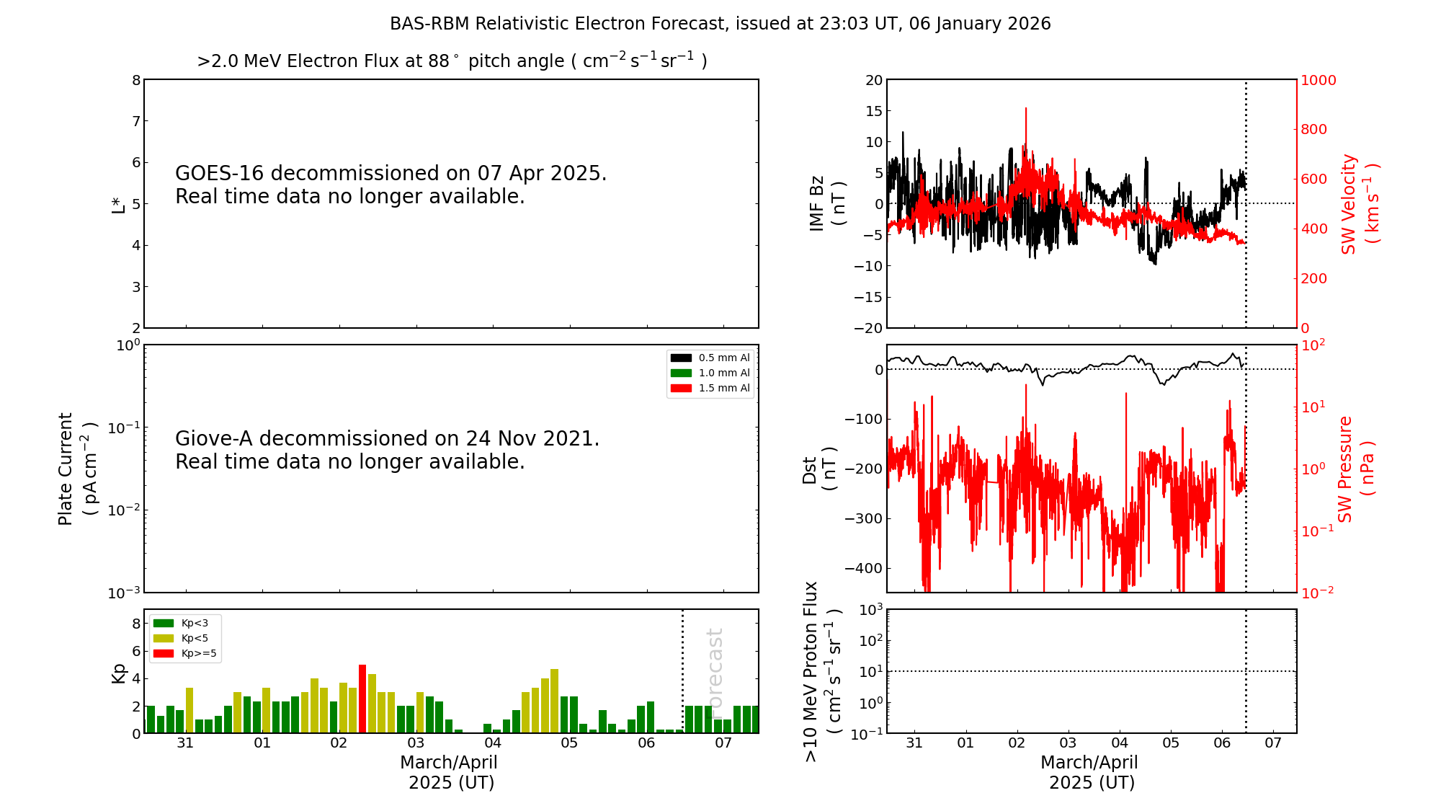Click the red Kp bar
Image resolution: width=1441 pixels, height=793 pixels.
coord(362,699)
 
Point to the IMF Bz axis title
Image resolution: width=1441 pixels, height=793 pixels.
coord(826,203)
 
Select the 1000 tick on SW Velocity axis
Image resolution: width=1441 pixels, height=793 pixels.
coord(1318,80)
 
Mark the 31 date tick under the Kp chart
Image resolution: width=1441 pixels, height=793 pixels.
coord(185,743)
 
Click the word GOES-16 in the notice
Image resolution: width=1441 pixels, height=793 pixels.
coord(220,174)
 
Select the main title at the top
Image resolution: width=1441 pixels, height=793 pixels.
coord(720,24)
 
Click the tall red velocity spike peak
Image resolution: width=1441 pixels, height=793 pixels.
coord(1026,110)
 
